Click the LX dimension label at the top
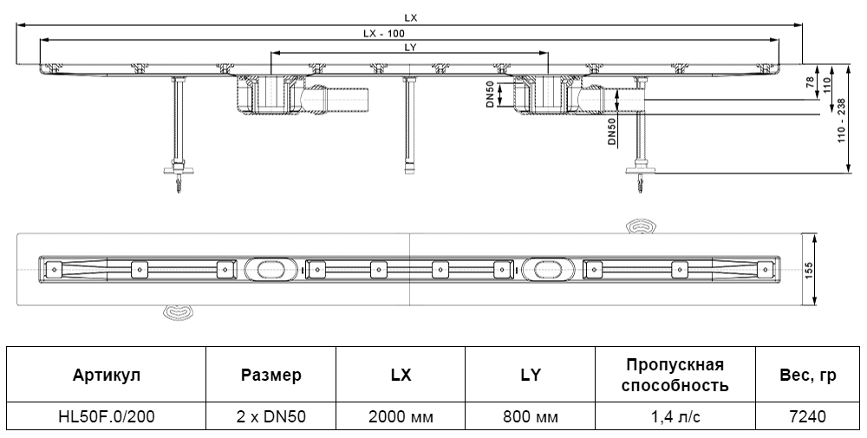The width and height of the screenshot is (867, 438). click(x=409, y=16)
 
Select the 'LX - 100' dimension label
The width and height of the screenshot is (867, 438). click(x=384, y=33)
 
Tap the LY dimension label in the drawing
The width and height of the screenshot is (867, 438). click(x=410, y=49)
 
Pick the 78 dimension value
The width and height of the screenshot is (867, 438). click(x=809, y=84)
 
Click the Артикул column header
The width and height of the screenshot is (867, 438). click(x=107, y=375)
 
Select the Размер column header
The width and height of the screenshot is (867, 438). click(x=271, y=375)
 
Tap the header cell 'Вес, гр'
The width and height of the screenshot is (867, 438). click(x=807, y=375)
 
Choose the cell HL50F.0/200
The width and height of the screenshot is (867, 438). click(x=107, y=416)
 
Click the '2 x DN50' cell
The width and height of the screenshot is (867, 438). click(x=271, y=416)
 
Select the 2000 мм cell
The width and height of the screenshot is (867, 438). click(x=400, y=416)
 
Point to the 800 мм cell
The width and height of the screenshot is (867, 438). click(x=530, y=416)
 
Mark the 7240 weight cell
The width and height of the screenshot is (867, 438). click(x=807, y=416)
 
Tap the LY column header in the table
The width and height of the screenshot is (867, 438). click(x=530, y=375)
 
